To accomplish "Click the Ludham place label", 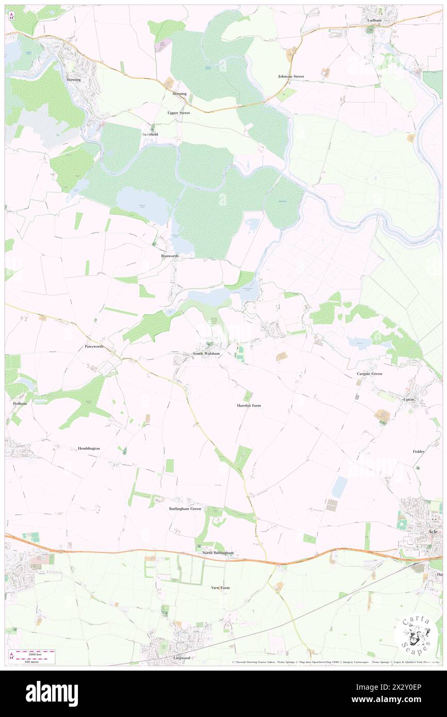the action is [374, 20].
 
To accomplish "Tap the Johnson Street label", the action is [291, 76].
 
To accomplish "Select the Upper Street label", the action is [179, 112].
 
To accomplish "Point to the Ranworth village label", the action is [169, 256].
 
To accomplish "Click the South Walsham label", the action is [206, 354].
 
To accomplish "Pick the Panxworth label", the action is [94, 347].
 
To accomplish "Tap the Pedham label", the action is [19, 403].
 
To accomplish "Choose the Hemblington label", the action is [88, 448].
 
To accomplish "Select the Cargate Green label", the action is [370, 373].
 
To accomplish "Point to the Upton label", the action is [409, 399].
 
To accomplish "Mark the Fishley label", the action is [419, 451].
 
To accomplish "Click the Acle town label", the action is [434, 531].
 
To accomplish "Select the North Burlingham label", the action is [218, 553].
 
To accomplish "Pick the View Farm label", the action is [220, 588].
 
